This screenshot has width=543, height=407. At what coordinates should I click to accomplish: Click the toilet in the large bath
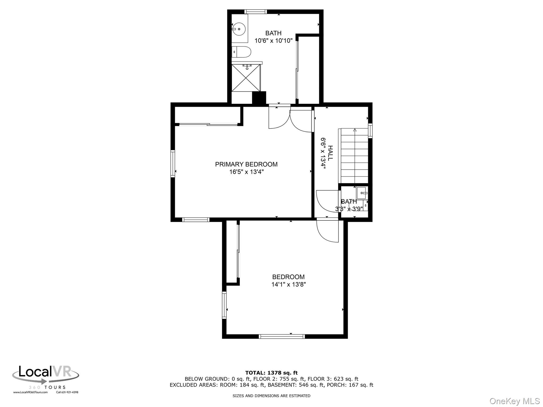coord(241,52)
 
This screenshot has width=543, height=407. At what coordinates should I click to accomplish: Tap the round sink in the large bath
coord(239,29)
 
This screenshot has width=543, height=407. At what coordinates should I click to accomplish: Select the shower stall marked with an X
coord(246,78)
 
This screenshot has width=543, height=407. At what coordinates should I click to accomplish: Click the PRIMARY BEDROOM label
coord(246,164)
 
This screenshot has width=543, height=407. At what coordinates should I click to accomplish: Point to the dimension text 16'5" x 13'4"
coord(247,172)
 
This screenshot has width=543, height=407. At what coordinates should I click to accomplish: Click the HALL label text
coord(330,153)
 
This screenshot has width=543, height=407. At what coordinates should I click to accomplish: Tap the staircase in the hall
coord(353,156)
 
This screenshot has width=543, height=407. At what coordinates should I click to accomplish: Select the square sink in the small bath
coord(362,193)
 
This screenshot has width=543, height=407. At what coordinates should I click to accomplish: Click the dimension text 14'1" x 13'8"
coord(288,285)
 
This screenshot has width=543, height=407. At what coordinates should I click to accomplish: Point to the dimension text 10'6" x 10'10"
coord(274,41)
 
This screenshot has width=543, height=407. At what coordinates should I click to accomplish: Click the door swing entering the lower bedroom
coord(327,230)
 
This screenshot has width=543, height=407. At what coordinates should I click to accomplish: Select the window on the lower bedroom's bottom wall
coord(282,337)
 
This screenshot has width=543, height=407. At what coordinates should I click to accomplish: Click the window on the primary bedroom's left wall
coord(173,163)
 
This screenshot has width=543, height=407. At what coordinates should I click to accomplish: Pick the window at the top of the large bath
coord(255,12)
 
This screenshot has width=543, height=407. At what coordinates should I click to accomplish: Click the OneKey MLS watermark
coord(515,401)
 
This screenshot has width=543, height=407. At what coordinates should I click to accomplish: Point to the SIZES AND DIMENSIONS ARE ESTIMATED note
coord(271,396)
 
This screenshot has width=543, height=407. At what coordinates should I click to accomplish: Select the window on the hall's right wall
coord(370,131)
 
